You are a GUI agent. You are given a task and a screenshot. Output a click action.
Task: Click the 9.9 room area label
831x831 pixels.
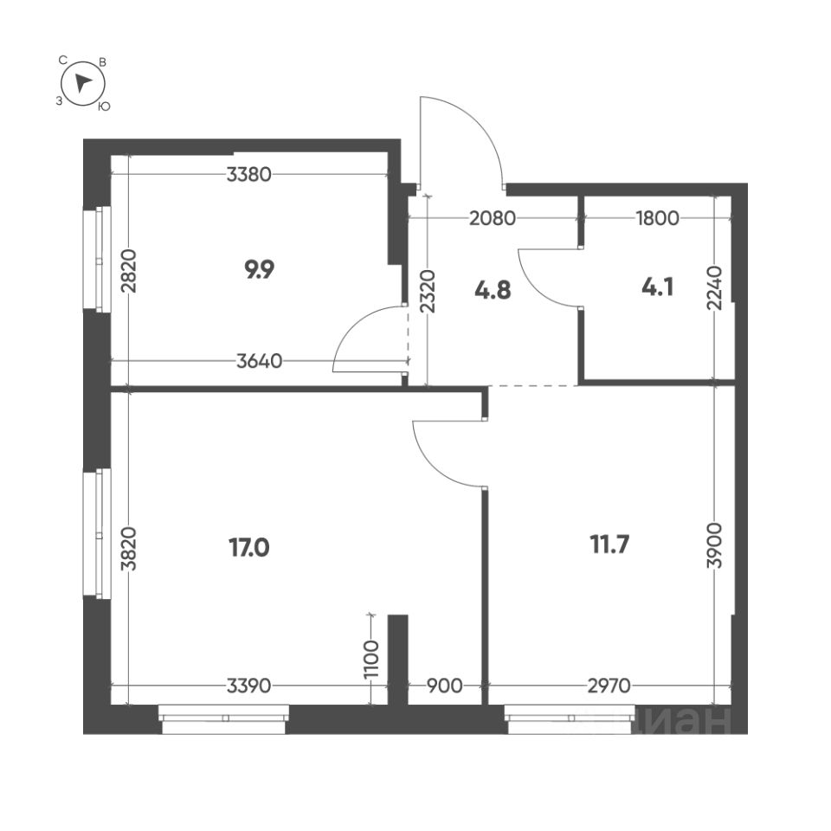pos(260,270)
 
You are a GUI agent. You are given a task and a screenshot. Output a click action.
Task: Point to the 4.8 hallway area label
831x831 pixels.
pos(493,289)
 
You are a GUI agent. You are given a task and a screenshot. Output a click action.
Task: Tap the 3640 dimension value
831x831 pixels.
pos(259,362)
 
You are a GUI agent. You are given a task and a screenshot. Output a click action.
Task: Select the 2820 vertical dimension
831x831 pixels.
pos(129,271)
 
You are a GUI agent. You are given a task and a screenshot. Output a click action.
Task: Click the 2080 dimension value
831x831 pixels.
pos(493,218)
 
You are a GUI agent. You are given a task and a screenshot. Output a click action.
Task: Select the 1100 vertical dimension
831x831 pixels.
pos(371,660)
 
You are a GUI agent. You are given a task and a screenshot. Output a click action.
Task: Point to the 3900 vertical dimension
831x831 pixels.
pos(714,546)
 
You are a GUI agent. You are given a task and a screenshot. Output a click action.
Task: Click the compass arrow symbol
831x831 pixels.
pos(84,83)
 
